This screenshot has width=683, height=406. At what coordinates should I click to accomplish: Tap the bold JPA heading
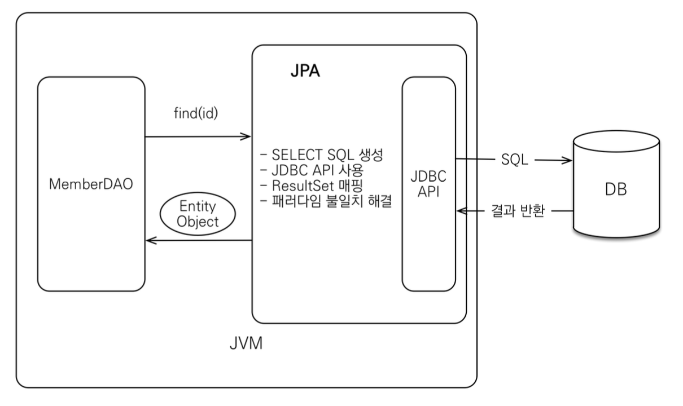[305, 74]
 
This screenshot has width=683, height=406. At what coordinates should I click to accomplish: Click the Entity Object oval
[197, 215]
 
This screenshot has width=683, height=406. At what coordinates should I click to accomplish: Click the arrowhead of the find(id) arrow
[247, 136]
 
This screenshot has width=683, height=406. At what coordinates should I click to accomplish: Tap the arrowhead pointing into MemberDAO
[150, 240]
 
